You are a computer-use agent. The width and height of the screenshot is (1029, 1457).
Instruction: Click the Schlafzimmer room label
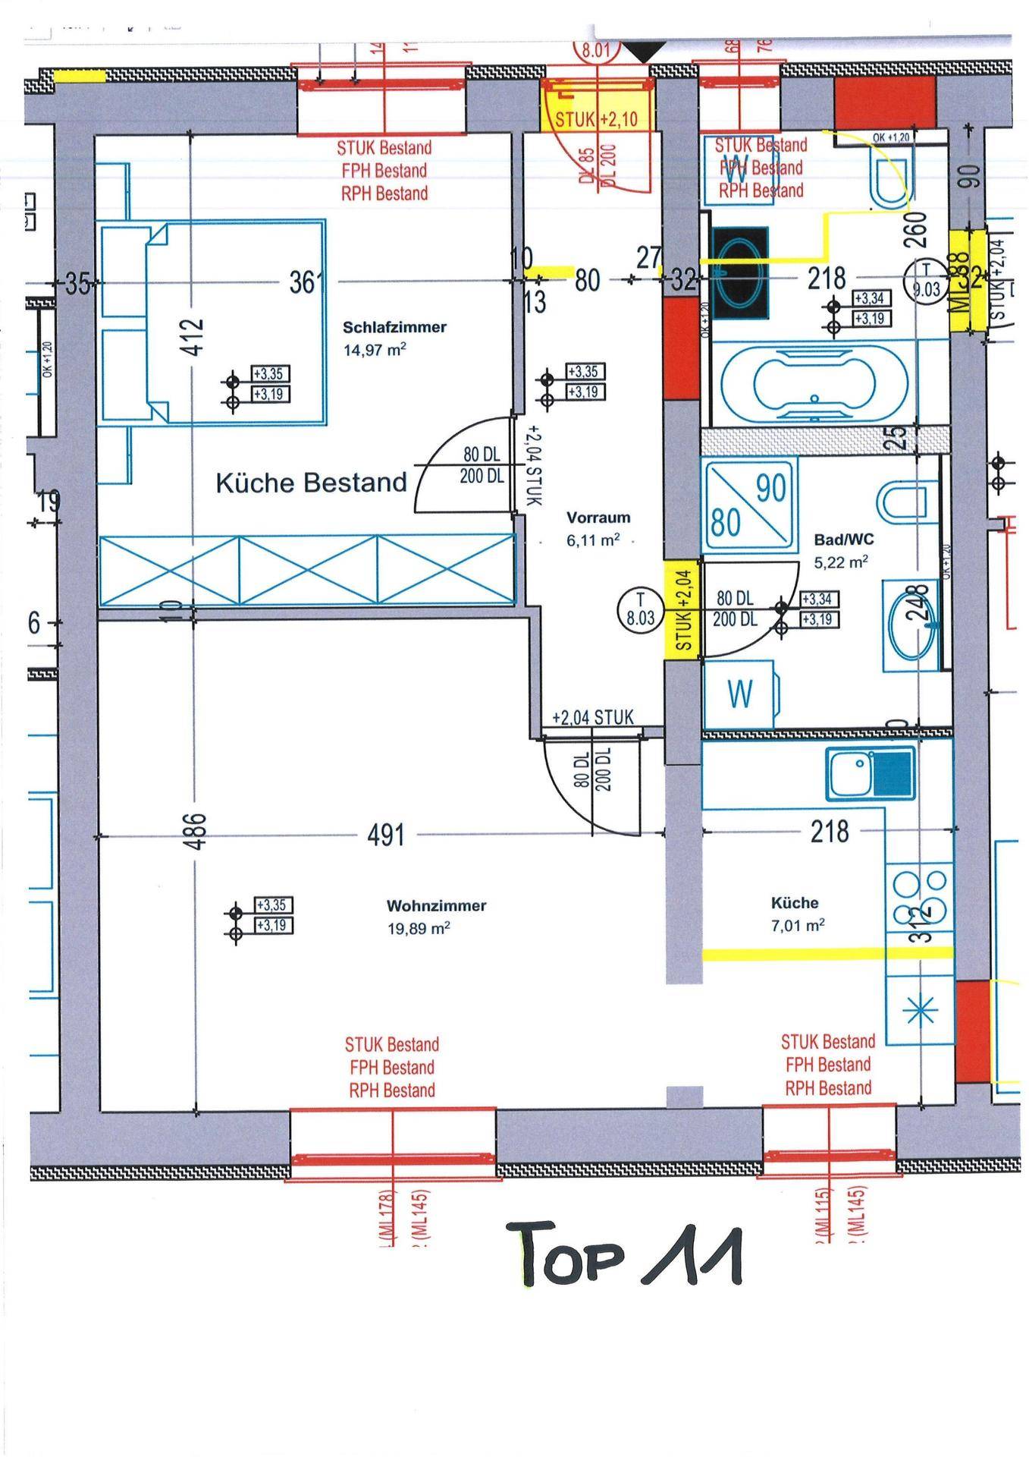tap(394, 327)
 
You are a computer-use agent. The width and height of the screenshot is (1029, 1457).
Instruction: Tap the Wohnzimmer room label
tap(436, 905)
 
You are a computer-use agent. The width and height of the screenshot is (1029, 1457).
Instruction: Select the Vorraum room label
tap(598, 518)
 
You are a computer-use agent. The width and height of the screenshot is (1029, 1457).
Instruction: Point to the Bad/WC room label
tap(843, 540)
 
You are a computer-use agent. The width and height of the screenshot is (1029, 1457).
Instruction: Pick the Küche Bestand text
tap(312, 483)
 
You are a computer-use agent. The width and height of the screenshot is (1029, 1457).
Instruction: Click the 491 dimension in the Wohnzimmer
tap(386, 835)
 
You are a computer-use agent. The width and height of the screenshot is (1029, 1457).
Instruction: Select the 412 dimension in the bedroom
tap(194, 336)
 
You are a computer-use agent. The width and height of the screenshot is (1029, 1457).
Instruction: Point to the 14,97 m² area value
tap(374, 350)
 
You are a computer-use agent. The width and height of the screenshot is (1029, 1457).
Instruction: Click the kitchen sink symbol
tap(871, 774)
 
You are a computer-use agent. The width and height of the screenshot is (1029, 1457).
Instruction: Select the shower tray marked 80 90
tap(750, 502)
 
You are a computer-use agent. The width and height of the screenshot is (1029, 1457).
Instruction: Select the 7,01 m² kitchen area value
tap(797, 925)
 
